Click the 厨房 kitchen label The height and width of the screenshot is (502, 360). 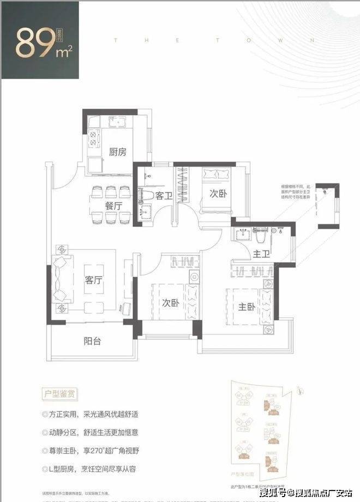(x=117, y=152)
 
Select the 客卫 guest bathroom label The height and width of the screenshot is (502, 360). (x=164, y=195)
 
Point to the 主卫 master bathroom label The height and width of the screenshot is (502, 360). (x=262, y=254)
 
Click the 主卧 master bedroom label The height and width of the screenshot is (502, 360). (x=247, y=307)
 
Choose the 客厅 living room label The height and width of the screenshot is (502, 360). (x=93, y=280)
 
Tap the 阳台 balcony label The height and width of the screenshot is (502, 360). (x=92, y=342)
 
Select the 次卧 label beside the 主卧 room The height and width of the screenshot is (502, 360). (x=170, y=303)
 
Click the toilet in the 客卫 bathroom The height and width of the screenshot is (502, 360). (x=146, y=194)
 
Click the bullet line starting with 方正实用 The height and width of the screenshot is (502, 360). (x=91, y=414)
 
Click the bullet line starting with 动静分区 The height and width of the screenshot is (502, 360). (x=91, y=433)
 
